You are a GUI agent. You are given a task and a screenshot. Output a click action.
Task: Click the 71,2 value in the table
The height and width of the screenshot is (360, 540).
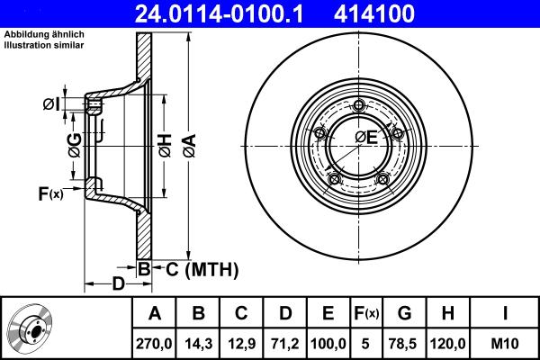pyautogui.click(x=285, y=342)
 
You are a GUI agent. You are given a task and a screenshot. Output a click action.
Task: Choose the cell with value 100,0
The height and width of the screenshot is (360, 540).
pyautogui.click(x=328, y=342)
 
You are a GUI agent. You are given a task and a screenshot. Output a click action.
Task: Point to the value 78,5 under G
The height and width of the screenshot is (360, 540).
pyautogui.click(x=405, y=342)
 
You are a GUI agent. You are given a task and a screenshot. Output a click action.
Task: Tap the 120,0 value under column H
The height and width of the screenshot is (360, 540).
pyautogui.click(x=449, y=342)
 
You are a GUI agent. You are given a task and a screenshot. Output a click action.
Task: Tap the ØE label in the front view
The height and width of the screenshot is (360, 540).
pyautogui.click(x=365, y=138)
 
